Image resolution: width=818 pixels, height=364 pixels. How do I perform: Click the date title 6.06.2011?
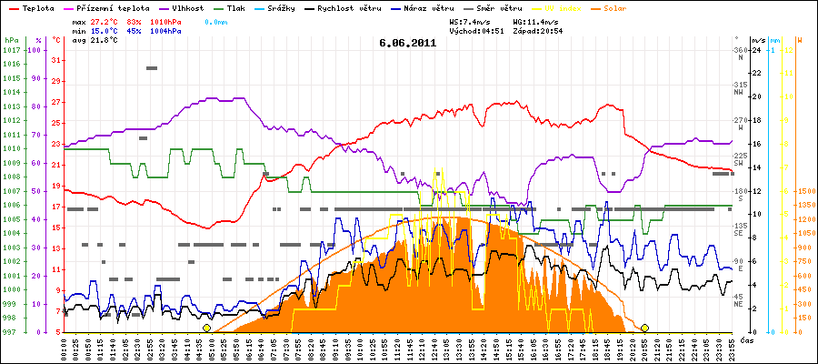[408, 42]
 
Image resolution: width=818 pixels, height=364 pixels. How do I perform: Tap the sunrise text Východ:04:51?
[477, 30]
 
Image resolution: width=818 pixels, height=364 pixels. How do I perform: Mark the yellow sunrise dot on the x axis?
[207, 328]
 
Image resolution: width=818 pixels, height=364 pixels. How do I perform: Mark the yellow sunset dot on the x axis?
[645, 328]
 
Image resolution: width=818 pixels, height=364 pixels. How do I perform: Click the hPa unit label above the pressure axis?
[11, 41]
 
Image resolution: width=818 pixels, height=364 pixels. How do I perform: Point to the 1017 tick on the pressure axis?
[11, 50]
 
